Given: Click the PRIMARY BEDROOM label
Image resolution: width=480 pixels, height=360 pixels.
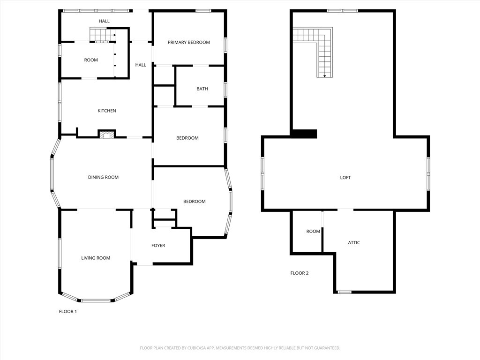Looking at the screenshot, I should tap(189, 42).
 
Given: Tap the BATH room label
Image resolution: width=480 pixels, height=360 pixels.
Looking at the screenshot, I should tap(202, 89).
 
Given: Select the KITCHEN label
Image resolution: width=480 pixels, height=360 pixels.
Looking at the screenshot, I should tap(106, 111).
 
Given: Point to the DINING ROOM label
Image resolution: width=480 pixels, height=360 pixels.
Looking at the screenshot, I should tap(103, 177).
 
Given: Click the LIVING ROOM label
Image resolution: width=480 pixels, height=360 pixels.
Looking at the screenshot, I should tap(96, 258).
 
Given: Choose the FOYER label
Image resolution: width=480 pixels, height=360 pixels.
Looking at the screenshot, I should tap(158, 246).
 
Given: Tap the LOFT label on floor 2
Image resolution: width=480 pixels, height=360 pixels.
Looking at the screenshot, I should tap(345, 178).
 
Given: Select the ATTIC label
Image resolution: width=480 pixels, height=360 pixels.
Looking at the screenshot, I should tap(354, 242).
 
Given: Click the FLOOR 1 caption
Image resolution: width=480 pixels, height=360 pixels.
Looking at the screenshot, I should tap(67, 312).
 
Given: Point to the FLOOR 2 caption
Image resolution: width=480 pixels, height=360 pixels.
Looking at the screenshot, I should tap(299, 273).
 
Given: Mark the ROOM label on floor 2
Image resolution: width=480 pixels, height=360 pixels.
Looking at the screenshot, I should tap(313, 232).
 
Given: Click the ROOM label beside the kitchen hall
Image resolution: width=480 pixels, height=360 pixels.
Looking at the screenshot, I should tap(91, 60).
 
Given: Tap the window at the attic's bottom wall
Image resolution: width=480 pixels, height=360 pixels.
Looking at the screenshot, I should tap(345, 292).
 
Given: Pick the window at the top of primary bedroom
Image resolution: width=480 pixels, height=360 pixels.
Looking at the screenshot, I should tap(203, 11).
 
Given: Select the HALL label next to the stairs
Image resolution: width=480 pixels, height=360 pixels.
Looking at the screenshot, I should tap(104, 21).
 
